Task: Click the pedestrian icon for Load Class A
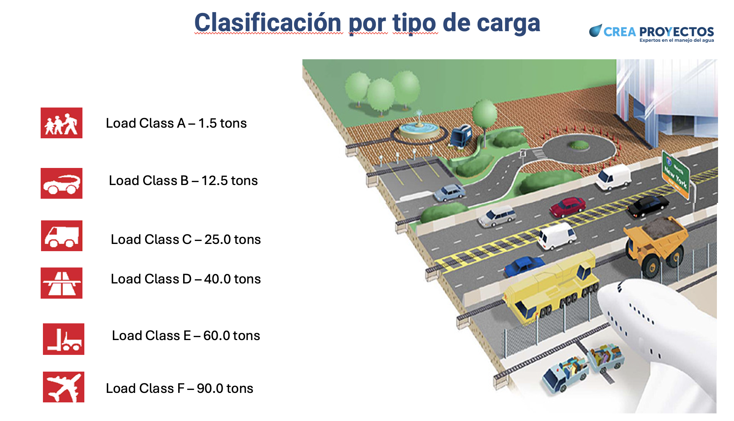[x=62, y=123]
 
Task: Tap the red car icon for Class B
[x=62, y=183]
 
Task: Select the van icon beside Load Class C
[x=62, y=236]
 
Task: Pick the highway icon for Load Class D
[x=62, y=283]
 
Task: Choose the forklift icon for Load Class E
[x=63, y=339]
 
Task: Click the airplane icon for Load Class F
[x=63, y=387]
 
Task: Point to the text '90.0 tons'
[x=225, y=388]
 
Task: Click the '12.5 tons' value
[x=229, y=180]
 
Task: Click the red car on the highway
[x=568, y=207]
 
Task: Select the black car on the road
[x=648, y=206]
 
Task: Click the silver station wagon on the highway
[x=497, y=216]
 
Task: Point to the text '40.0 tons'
[x=233, y=279]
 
